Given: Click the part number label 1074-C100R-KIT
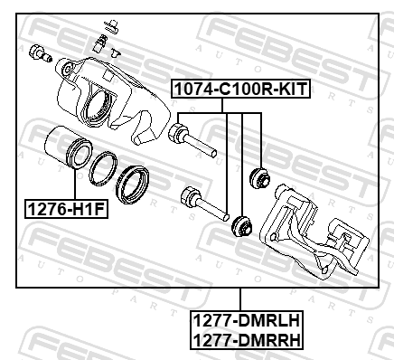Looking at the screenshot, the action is (240, 89).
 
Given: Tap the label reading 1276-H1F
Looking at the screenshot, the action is (66, 209).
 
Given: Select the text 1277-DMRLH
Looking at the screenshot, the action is (246, 320).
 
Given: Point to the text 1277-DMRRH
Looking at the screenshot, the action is (246, 340).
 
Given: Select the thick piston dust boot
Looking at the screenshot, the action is (133, 185).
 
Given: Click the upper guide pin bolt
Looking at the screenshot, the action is (192, 139).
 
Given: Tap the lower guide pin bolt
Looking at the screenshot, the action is (204, 204).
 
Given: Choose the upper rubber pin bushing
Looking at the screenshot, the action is (260, 178).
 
